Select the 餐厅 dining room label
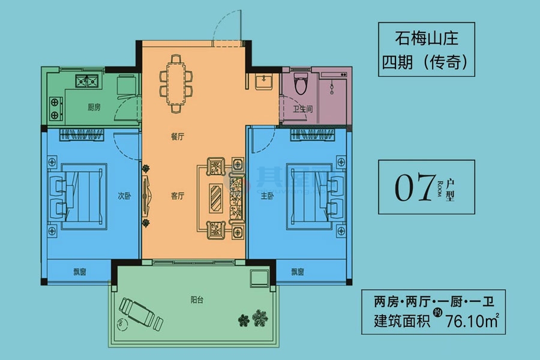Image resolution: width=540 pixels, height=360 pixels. pyautogui.click(x=176, y=136)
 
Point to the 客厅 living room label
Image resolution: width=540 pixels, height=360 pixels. pyautogui.click(x=177, y=196)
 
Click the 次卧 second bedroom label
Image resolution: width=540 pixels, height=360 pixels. pyautogui.click(x=124, y=196)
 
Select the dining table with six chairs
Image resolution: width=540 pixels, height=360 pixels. pyautogui.click(x=176, y=83)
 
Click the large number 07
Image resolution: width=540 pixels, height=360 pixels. pyautogui.click(x=413, y=188)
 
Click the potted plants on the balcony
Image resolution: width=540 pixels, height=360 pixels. pyautogui.click(x=253, y=317)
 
